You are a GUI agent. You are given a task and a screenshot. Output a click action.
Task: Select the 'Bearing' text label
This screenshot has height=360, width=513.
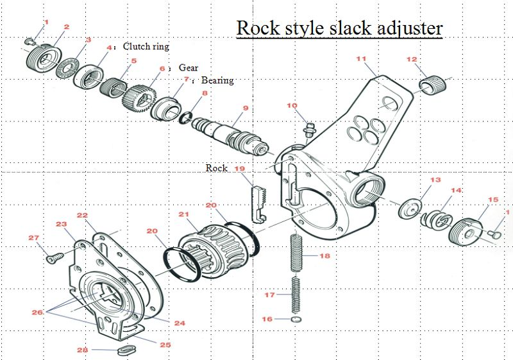pos(217,81)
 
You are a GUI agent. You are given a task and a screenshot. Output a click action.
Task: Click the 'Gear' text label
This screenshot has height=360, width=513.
pos(188,67)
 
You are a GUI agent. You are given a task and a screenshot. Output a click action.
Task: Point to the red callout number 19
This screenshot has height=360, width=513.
pos(240,168)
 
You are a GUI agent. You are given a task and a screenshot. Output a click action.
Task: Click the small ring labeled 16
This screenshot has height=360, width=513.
pos(296,319)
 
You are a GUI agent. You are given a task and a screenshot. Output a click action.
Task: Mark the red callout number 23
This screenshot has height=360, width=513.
pos(62,224)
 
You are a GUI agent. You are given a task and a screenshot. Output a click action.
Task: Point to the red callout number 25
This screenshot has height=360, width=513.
pos(165,345)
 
